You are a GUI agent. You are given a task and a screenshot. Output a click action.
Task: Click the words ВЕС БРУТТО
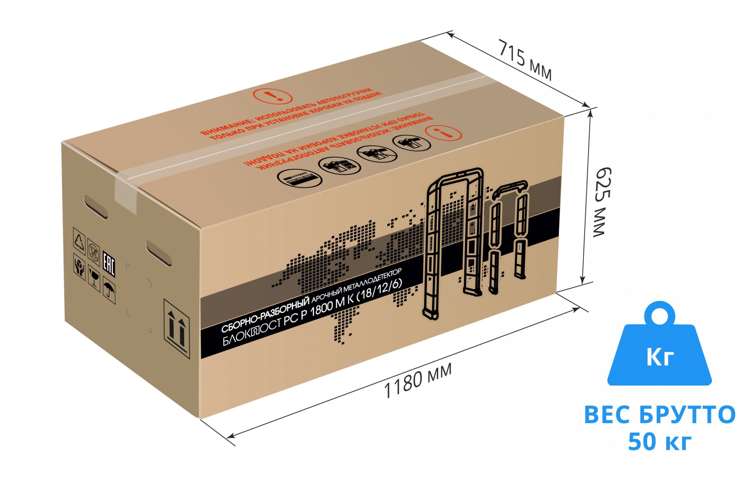pyautogui.click(x=660, y=415)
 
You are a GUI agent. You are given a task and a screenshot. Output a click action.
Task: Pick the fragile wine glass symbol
pyautogui.click(x=94, y=277)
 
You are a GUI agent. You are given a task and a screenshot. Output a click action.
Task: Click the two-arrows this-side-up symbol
pyautogui.click(x=176, y=328)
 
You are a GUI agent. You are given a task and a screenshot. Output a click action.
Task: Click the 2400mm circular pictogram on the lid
pyautogui.click(x=299, y=178)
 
